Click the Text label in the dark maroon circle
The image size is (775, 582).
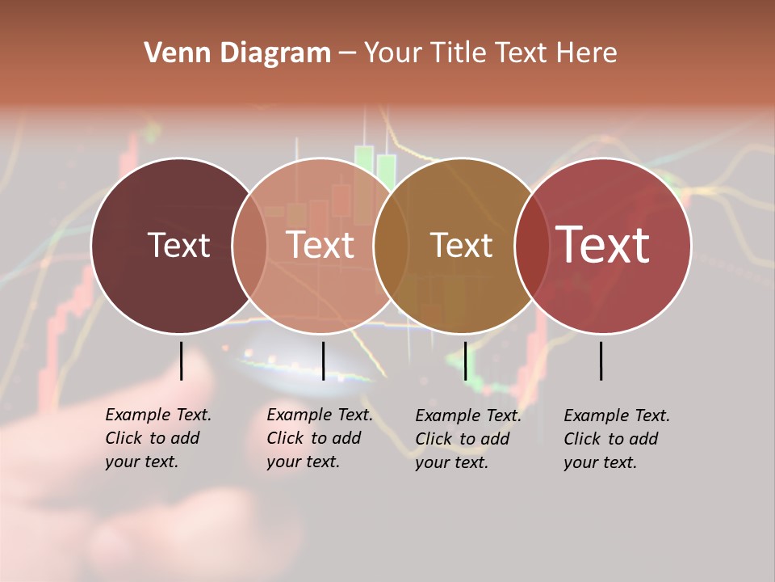point(178,245)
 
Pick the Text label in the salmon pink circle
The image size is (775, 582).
point(320,245)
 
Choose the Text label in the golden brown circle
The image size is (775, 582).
point(461,245)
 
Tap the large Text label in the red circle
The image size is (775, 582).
point(603,245)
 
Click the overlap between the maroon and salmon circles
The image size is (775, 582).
point(249,245)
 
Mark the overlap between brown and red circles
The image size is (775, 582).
point(531,245)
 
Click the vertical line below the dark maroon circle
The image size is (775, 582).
point(181,361)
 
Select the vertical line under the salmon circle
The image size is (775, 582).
point(323,361)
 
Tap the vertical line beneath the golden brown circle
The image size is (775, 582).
point(465,361)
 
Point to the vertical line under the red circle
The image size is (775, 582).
point(601,361)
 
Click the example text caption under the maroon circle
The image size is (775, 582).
point(158,438)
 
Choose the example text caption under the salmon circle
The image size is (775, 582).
point(320,438)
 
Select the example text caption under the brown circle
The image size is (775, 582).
point(468,439)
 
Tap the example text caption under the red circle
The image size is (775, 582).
point(617,439)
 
